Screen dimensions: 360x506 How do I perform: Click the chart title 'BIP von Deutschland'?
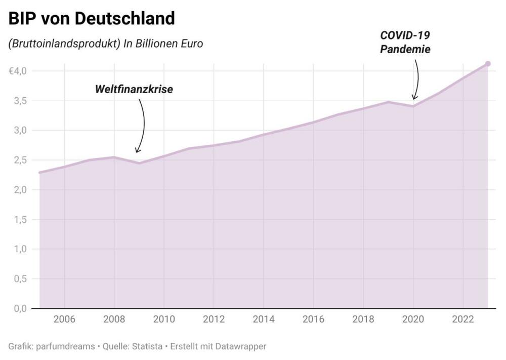tap(92, 18)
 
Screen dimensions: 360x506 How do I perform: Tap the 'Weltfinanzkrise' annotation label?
tap(134, 90)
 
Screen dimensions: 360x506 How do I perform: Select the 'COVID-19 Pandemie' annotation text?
tap(405, 43)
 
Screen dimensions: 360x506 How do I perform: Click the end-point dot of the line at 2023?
tap(488, 64)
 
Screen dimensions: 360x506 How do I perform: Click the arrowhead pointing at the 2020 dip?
tap(414, 97)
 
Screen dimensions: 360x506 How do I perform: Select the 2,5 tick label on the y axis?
tap(20, 160)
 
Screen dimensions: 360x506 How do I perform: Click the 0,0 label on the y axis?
tap(20, 308)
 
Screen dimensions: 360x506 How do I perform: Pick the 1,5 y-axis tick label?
tap(20, 219)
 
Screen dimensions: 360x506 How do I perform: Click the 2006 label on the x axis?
tap(64, 319)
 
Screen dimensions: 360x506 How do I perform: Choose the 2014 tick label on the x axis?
tap(263, 319)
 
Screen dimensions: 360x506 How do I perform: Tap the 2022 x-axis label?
tap(462, 319)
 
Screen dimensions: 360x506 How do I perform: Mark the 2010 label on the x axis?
tap(164, 319)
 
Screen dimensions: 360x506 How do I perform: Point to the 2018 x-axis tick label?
tap(363, 319)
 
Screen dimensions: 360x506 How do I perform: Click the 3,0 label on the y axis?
tap(20, 131)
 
